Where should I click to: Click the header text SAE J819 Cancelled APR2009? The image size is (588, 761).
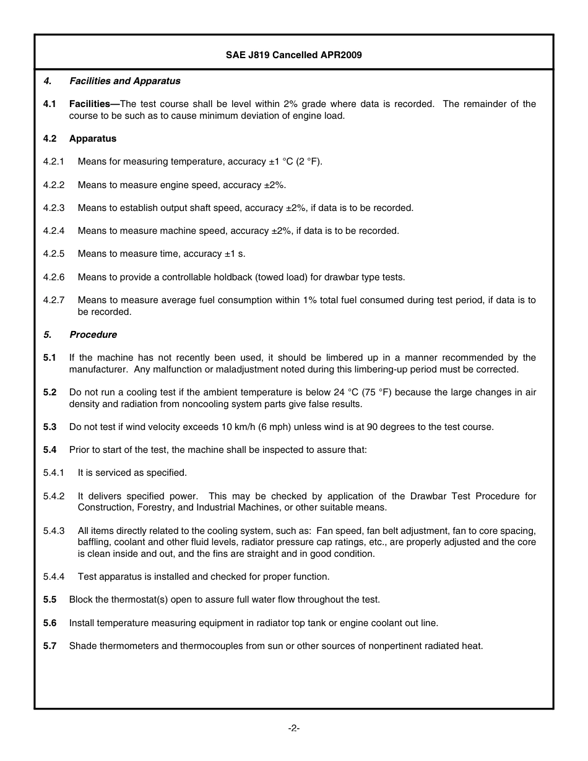click(x=293, y=55)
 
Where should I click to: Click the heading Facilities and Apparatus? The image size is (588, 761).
click(x=125, y=81)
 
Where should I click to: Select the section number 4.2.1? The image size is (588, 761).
click(x=54, y=162)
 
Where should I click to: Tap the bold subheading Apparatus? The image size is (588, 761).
click(x=93, y=139)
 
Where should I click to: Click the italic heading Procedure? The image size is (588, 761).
click(x=93, y=335)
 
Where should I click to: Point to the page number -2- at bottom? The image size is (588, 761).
click(x=294, y=728)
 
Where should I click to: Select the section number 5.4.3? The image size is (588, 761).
click(x=54, y=531)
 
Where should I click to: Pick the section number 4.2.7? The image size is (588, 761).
click(x=54, y=300)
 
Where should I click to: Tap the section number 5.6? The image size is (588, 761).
click(x=50, y=623)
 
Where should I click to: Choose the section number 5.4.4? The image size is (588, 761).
click(x=54, y=577)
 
